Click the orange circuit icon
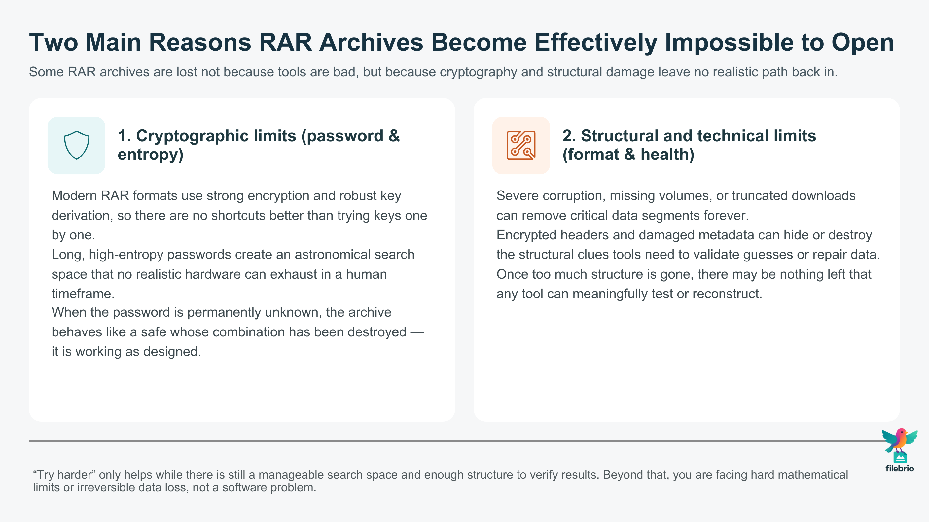tap(521, 145)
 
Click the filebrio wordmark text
tap(899, 468)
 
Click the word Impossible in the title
tap(729, 42)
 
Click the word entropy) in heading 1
tap(150, 155)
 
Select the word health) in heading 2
tap(667, 155)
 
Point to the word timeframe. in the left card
tap(83, 294)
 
